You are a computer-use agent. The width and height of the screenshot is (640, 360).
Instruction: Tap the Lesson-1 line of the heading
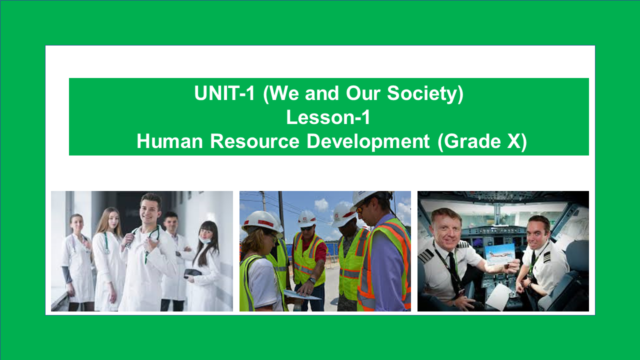(x=328, y=117)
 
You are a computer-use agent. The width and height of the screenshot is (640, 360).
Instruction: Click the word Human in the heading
(x=170, y=141)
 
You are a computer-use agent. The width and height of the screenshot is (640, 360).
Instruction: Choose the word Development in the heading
(x=368, y=141)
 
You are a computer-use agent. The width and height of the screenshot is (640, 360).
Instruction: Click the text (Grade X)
(x=482, y=141)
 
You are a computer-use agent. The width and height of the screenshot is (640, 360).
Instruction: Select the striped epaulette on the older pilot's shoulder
(x=426, y=255)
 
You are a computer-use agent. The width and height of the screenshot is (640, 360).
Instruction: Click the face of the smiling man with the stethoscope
(x=150, y=209)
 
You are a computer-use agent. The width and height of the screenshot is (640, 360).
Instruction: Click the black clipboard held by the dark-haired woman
(x=192, y=273)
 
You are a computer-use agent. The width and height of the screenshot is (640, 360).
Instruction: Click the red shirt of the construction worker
(x=320, y=250)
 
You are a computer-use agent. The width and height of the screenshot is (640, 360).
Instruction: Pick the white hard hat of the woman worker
(x=260, y=220)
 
